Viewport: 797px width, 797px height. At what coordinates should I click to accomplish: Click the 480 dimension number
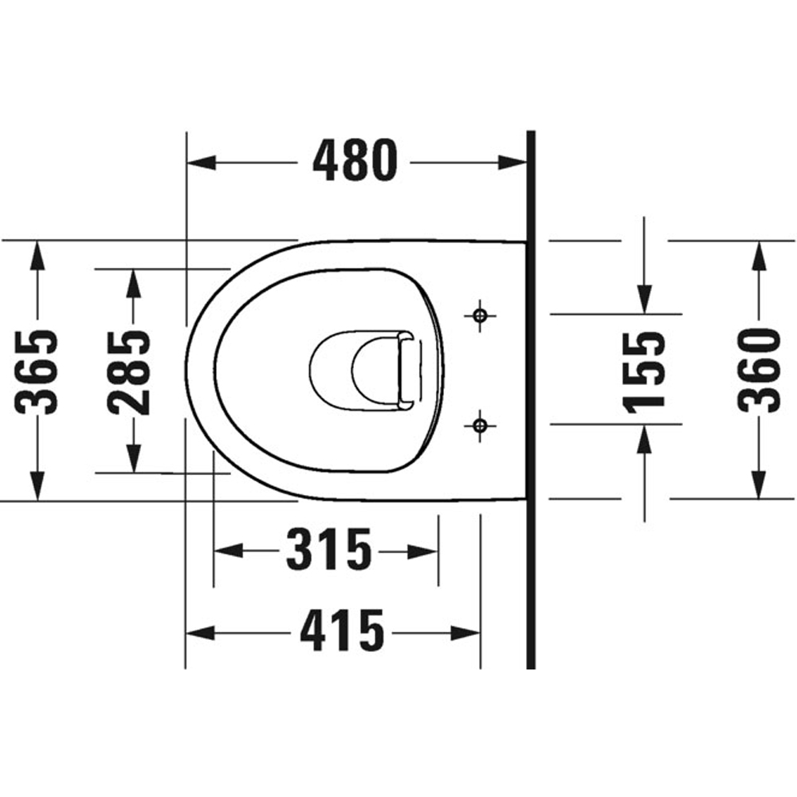[354, 161]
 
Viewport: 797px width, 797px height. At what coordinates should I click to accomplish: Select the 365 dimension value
[38, 371]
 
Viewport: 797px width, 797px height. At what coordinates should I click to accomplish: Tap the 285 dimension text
[130, 371]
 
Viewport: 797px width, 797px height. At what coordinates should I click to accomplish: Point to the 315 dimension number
[329, 551]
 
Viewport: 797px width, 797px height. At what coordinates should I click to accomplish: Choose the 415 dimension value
[342, 633]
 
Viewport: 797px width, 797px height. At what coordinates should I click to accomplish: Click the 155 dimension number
[645, 371]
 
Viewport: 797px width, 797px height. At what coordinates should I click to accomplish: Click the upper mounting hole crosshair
[480, 315]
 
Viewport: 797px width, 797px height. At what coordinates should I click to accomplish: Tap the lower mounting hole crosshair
[480, 425]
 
